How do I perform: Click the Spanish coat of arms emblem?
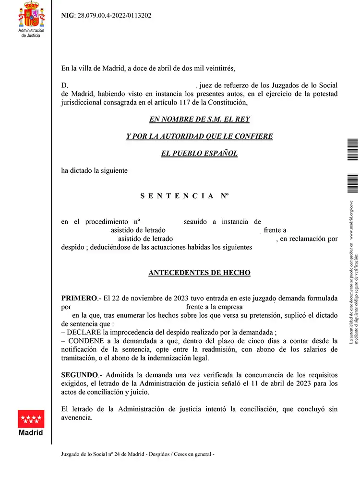pos(31,14)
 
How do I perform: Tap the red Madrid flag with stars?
pos(31,419)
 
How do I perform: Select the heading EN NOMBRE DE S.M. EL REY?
pos(199,119)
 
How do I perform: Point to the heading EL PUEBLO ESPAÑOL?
pos(199,154)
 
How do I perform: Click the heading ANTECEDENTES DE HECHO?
pos(199,273)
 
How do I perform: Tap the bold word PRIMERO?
pos(79,299)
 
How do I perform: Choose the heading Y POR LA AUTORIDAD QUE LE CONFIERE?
pos(199,136)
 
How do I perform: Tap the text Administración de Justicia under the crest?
pos(31,33)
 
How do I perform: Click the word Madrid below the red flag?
pos(31,432)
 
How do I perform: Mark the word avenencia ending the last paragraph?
pos(77,418)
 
